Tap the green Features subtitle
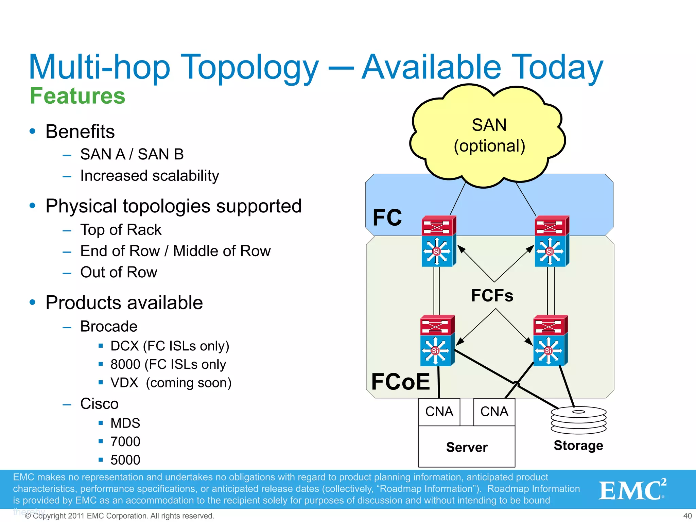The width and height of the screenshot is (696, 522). click(77, 96)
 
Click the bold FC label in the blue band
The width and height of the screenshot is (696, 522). click(387, 217)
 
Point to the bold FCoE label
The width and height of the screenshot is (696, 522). click(400, 381)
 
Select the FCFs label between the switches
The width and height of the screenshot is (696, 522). click(492, 295)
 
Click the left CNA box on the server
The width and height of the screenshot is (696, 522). click(439, 412)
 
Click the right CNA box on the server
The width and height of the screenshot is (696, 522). click(494, 412)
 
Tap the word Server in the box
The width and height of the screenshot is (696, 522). click(467, 447)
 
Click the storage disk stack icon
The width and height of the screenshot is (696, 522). click(578, 420)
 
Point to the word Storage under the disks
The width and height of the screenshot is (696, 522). click(578, 445)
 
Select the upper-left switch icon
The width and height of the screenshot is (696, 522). click(438, 241)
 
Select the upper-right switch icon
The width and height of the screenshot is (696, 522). click(551, 241)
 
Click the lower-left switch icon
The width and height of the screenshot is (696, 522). click(437, 341)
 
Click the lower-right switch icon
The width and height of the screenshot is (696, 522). click(550, 341)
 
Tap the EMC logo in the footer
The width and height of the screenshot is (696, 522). click(632, 490)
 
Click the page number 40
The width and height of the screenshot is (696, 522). click(687, 516)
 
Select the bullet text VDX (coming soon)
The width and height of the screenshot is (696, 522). click(171, 383)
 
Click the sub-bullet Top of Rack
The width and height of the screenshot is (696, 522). click(121, 230)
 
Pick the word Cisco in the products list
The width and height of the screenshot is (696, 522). click(99, 404)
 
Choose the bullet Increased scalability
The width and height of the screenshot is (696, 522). click(150, 176)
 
